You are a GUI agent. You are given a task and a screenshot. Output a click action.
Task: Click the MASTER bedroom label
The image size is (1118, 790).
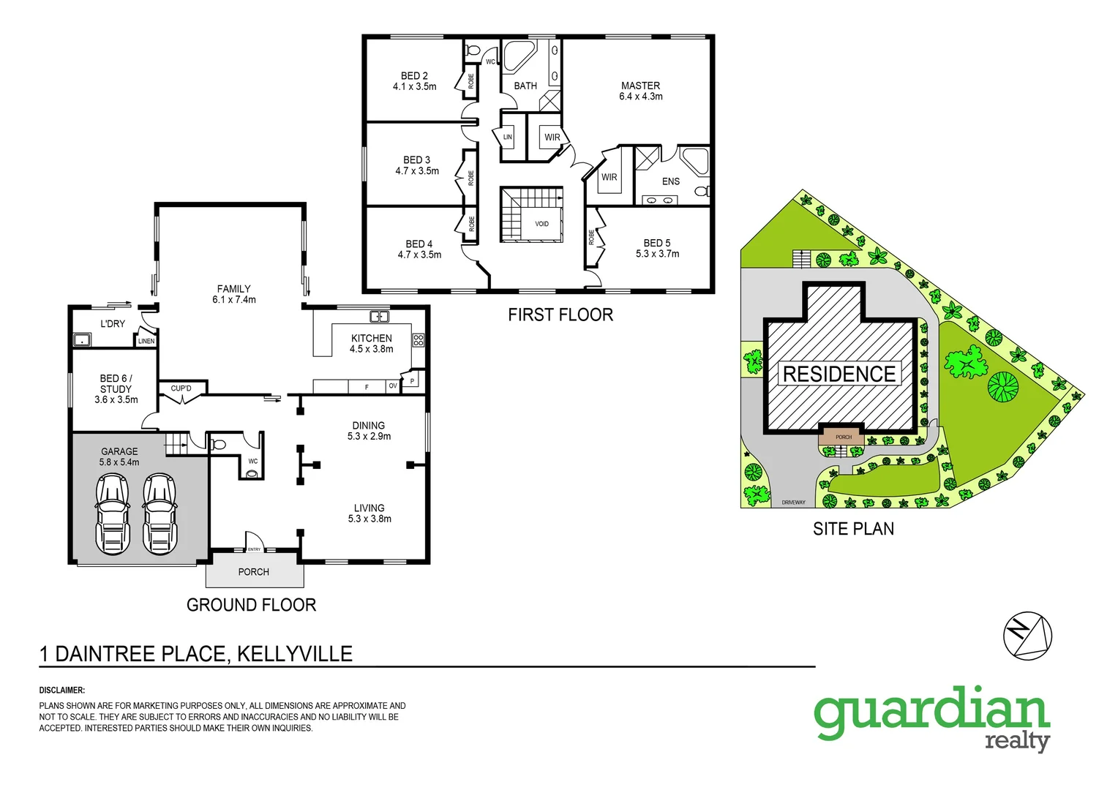click(x=640, y=86)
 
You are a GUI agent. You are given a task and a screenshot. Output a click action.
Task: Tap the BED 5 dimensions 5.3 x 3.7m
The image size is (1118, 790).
click(x=657, y=254)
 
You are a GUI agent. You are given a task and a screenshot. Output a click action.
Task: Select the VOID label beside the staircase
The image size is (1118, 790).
click(x=541, y=224)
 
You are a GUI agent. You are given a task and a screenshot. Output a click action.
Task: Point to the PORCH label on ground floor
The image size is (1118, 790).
click(x=253, y=572)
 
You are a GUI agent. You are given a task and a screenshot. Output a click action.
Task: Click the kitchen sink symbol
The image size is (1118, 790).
click(x=379, y=317)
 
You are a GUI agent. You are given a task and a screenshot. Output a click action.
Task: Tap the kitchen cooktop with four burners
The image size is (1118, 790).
click(x=418, y=340)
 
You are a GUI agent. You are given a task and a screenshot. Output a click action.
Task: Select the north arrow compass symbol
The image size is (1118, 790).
click(x=1027, y=634)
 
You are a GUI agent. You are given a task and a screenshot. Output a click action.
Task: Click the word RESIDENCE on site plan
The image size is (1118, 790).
click(x=839, y=374)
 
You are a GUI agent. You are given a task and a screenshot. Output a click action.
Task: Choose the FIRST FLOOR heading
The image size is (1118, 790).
click(x=560, y=315)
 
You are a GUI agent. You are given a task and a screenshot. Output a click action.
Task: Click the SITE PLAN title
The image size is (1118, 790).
click(x=853, y=528)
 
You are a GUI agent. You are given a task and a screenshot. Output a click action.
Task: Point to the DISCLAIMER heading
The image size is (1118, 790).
click(x=62, y=690)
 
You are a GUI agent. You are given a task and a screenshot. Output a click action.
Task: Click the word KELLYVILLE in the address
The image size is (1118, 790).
click(x=294, y=653)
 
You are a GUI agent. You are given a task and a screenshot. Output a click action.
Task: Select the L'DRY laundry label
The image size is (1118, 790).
click(x=113, y=323)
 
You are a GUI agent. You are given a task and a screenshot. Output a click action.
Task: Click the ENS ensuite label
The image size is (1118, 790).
click(x=670, y=181)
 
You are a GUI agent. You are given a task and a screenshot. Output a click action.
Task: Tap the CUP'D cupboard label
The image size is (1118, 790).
click(x=181, y=388)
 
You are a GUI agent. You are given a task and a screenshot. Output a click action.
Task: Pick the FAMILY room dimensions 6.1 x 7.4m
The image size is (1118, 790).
click(x=233, y=299)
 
